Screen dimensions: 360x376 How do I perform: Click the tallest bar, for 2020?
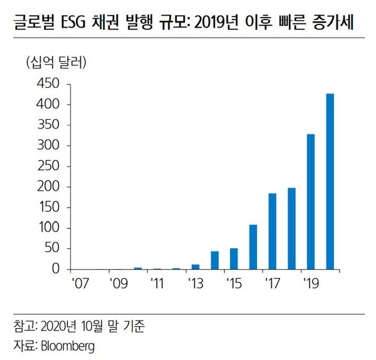point(330,182)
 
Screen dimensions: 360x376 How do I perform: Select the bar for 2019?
point(310,202)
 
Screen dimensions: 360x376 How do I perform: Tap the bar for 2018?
point(291,228)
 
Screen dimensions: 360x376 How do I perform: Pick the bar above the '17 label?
point(272,231)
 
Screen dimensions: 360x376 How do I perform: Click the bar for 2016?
point(253,247)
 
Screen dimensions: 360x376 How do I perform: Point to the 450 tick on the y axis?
point(48,84)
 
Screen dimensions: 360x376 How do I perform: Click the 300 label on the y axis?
point(48,146)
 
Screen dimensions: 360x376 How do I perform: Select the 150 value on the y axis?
point(48,208)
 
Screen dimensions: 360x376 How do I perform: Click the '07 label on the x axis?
point(80,283)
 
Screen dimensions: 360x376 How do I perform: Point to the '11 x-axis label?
point(157,283)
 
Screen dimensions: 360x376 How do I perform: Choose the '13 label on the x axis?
point(195,283)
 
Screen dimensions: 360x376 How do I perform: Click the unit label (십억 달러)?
point(56,62)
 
